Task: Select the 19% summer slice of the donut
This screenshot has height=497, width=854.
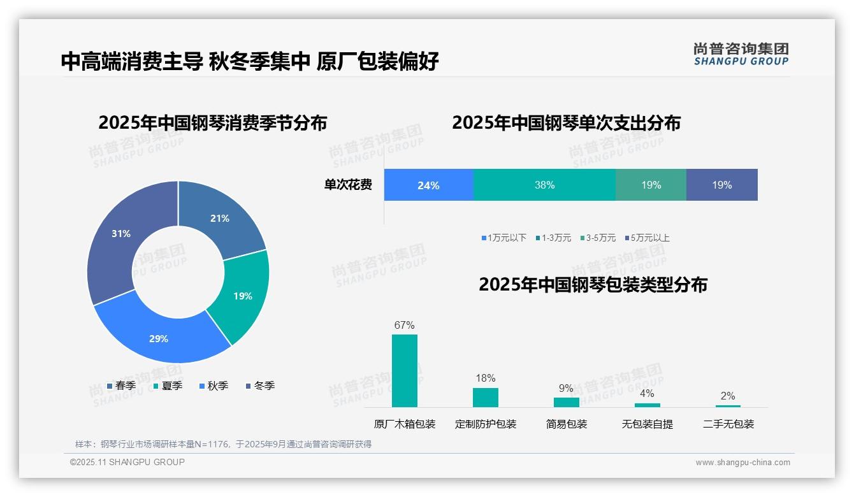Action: (243, 296)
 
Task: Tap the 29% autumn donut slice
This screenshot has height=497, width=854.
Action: (159, 338)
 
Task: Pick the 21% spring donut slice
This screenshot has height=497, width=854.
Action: (220, 219)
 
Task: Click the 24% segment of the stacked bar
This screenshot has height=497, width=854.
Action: (428, 185)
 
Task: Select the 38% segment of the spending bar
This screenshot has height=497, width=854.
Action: (544, 185)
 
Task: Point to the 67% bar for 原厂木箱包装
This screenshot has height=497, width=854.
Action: (404, 371)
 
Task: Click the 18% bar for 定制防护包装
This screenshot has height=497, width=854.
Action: (485, 397)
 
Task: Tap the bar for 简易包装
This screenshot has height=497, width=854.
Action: (566, 402)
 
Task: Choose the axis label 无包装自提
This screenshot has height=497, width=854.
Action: (647, 424)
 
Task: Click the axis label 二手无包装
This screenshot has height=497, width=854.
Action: (728, 424)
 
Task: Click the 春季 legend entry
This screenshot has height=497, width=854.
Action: (121, 385)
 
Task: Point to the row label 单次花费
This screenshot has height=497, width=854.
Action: (348, 185)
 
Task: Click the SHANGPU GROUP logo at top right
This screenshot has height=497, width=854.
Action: (741, 54)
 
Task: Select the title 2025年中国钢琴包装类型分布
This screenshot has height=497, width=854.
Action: (593, 285)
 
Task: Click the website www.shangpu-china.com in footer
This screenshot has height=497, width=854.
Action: (742, 463)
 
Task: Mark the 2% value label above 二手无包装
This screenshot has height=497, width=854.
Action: (727, 396)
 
